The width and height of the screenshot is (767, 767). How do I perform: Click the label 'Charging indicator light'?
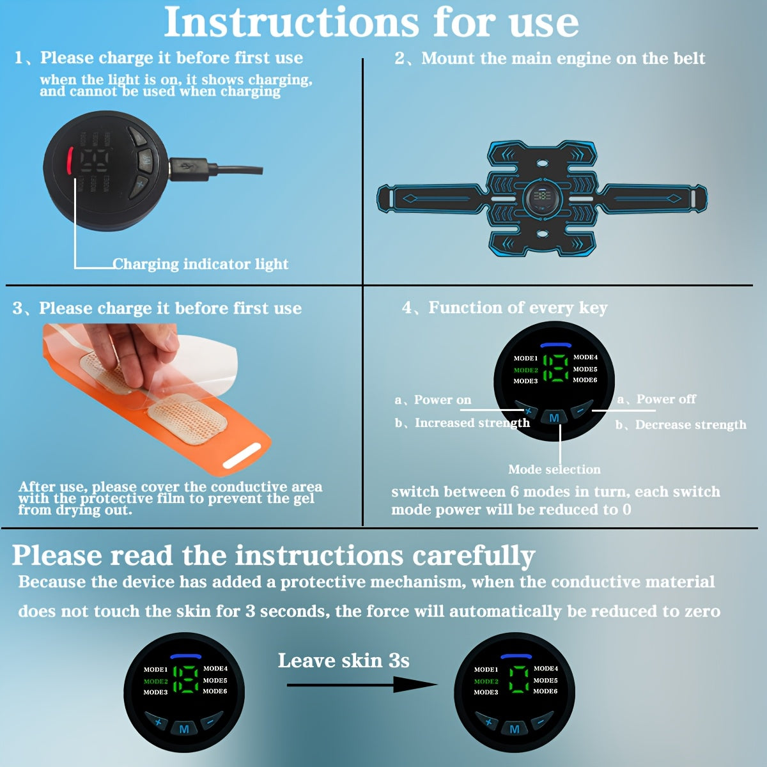click(x=200, y=264)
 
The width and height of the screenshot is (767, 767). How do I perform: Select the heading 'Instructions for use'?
click(x=371, y=22)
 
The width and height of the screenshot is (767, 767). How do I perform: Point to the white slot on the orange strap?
click(x=242, y=456)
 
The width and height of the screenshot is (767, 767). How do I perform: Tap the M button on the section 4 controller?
click(x=554, y=418)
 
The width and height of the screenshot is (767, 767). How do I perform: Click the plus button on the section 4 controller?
click(x=527, y=410)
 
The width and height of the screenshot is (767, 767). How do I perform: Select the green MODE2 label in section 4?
click(x=525, y=370)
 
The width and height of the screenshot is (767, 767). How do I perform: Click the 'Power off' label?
click(x=665, y=399)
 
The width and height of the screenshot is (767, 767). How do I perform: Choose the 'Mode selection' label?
click(x=554, y=469)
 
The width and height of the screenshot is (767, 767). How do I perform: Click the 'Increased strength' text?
click(x=472, y=422)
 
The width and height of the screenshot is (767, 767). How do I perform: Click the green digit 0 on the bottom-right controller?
click(x=518, y=678)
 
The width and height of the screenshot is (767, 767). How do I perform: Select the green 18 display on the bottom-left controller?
click(x=186, y=679)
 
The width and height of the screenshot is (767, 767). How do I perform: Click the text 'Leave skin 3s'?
click(x=343, y=660)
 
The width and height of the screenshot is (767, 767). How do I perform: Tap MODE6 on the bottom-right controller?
click(x=545, y=691)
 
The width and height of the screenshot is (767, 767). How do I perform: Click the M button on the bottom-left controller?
click(x=183, y=729)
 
